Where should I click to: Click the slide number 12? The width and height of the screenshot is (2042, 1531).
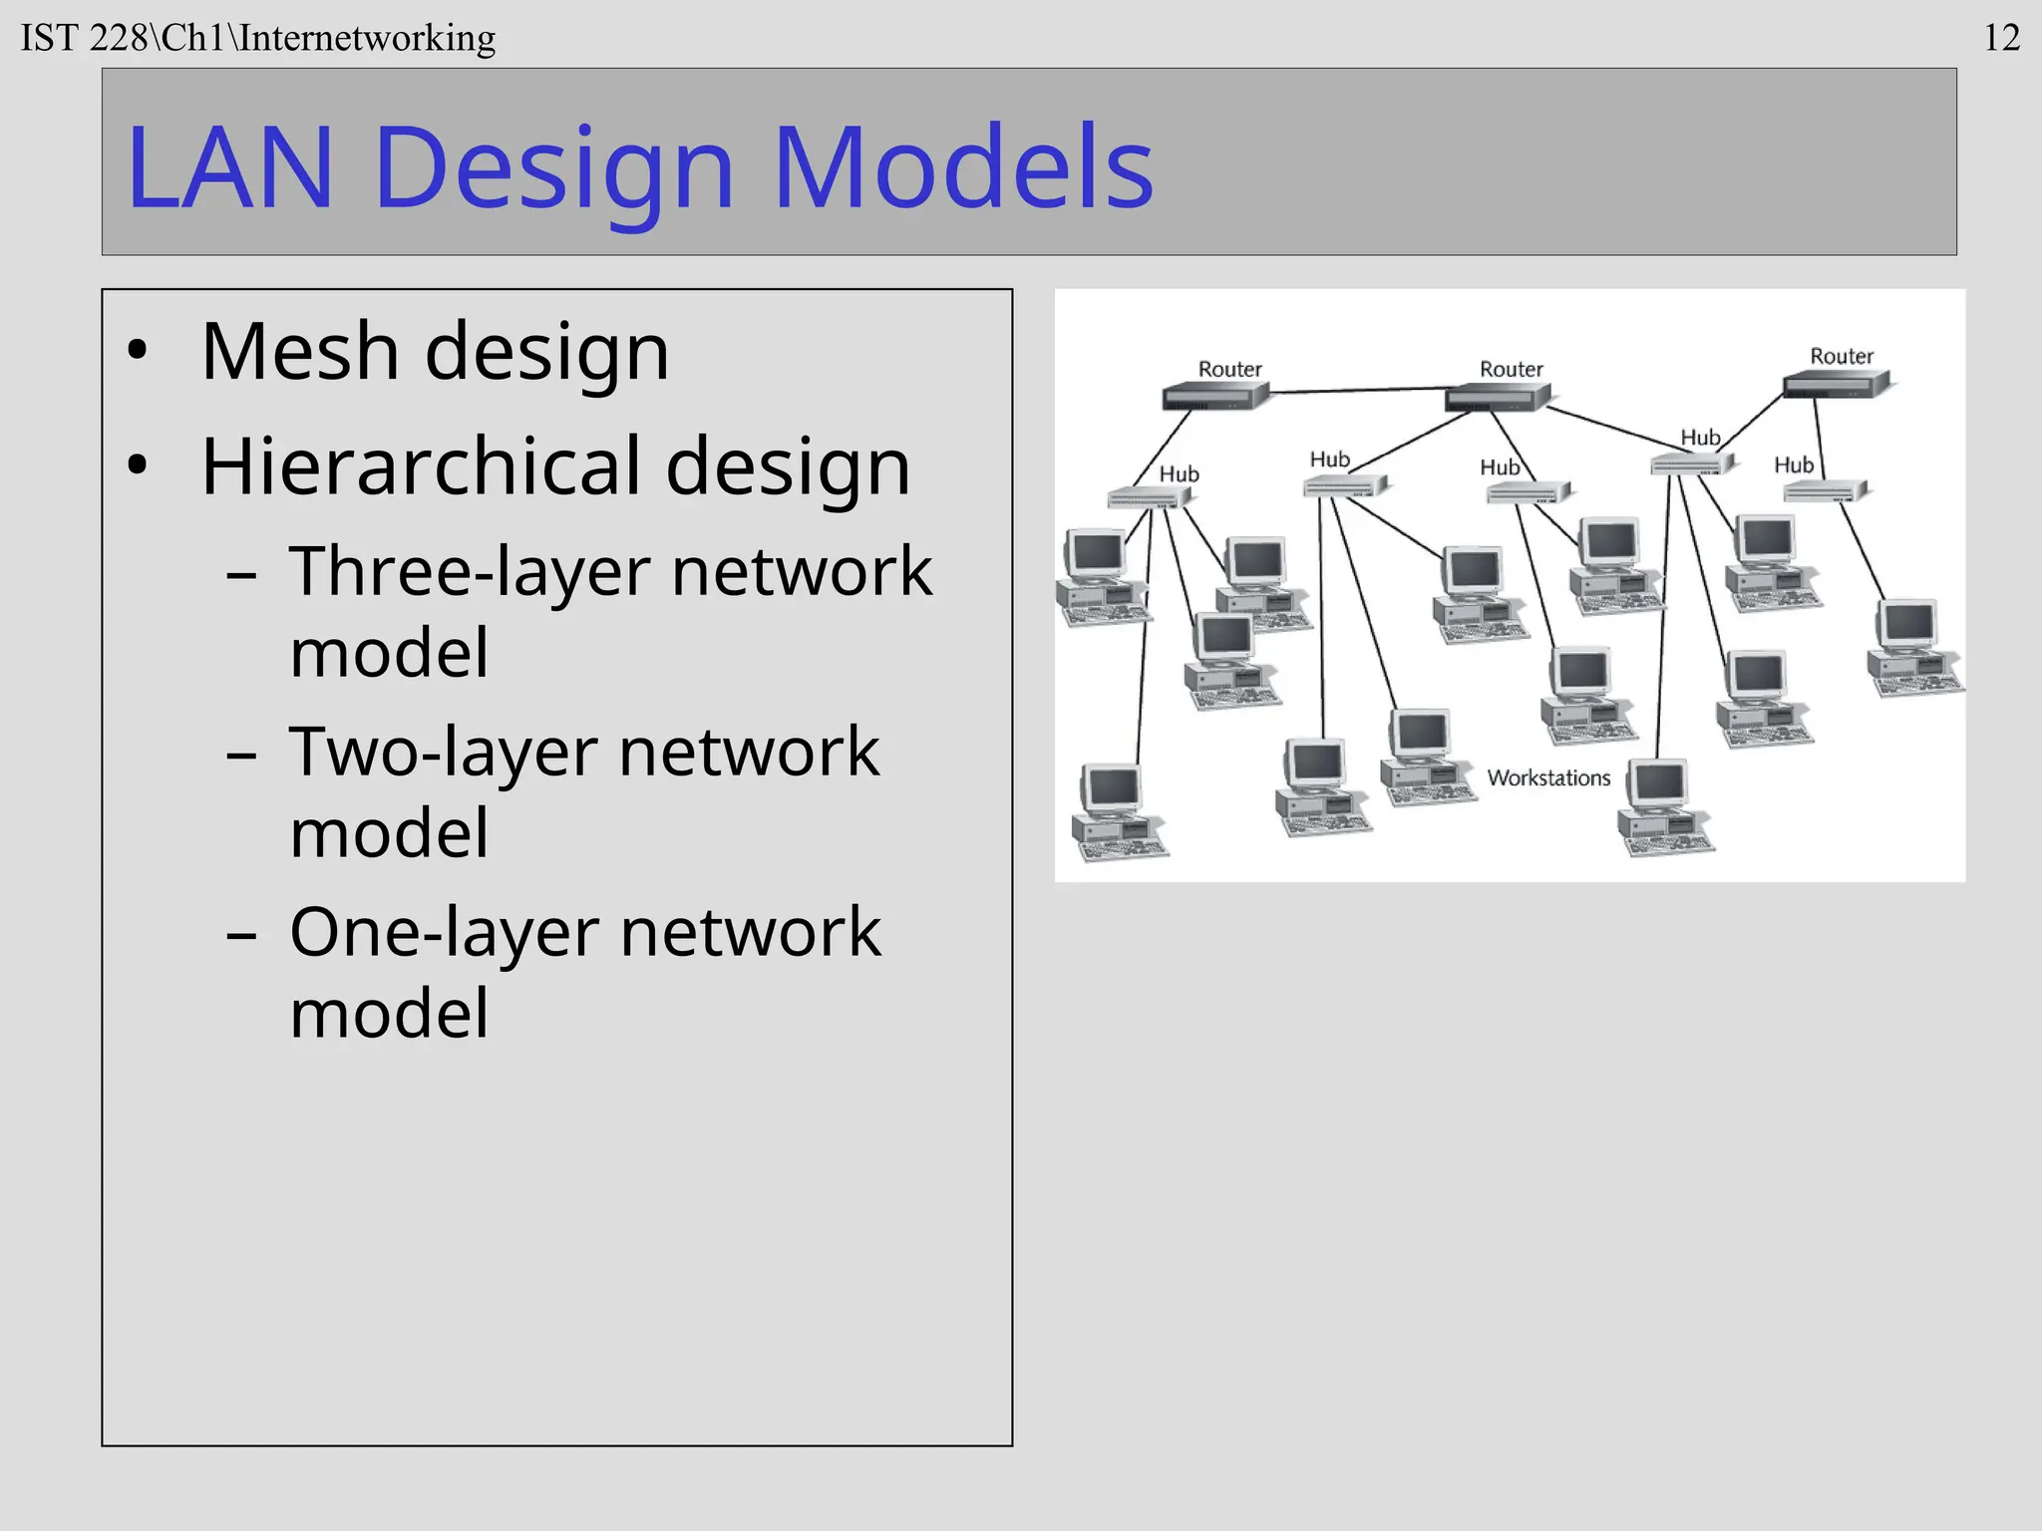(x=2001, y=38)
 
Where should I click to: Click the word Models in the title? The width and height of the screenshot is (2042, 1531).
(x=963, y=166)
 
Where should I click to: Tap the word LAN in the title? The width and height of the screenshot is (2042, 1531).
(x=229, y=166)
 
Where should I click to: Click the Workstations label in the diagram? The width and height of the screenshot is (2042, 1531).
(x=1548, y=777)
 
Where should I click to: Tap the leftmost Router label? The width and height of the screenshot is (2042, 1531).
(x=1229, y=369)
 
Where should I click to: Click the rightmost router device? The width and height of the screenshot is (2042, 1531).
(x=1837, y=384)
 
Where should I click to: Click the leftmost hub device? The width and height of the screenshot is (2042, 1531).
(x=1147, y=496)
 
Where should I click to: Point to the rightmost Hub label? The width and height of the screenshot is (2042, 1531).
(x=1794, y=464)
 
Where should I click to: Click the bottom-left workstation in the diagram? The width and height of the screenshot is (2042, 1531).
(x=1117, y=810)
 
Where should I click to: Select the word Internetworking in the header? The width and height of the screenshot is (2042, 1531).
(x=367, y=38)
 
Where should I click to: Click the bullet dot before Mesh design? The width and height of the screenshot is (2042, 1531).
(x=138, y=351)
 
